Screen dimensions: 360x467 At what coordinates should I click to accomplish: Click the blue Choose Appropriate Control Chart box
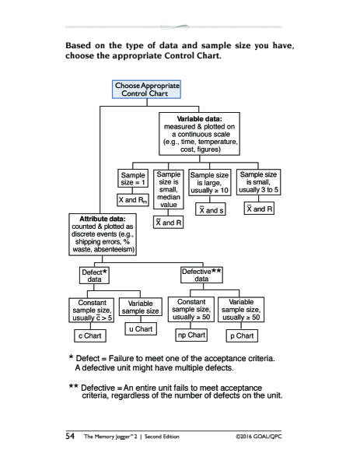pos(146,90)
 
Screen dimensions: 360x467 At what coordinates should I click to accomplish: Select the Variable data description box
pos(199,134)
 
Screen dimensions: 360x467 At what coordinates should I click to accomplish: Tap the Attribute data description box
pos(103,234)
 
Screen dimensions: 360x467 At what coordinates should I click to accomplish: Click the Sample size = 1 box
pos(133,178)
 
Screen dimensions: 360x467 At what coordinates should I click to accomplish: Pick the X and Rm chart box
pos(133,200)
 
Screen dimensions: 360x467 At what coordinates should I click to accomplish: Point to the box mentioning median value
pos(169,189)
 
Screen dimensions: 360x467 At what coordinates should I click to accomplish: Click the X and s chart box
pos(211,209)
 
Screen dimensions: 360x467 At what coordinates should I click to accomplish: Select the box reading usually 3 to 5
pos(258,182)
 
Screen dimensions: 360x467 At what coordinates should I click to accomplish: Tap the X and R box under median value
pos(169,223)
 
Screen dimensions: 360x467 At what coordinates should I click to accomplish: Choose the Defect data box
pos(94,276)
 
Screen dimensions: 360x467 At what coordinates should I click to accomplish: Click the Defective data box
pos(201,275)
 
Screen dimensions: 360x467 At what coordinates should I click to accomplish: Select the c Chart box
pos(90,335)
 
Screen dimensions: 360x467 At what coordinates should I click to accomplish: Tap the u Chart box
pos(141,328)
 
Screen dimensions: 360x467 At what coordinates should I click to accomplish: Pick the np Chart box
pos(191,335)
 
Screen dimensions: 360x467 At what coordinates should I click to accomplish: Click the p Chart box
pos(242,335)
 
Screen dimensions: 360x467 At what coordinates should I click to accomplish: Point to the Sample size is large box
pos(209,183)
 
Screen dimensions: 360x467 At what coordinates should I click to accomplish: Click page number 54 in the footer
pos(70,436)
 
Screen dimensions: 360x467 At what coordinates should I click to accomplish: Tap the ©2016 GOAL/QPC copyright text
pos(259,437)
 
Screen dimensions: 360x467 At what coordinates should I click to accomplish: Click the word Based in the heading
pos(78,45)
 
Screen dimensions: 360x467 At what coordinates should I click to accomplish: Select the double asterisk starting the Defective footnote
pos(74,387)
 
